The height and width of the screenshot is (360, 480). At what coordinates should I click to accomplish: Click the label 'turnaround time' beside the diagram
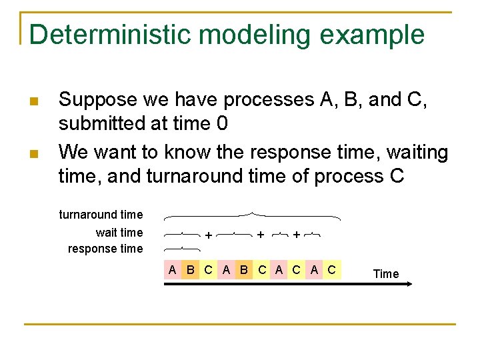tap(101, 215)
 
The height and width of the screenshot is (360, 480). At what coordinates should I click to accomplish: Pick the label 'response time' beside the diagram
tap(105, 249)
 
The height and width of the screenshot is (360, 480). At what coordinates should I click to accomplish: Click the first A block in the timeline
tap(173, 270)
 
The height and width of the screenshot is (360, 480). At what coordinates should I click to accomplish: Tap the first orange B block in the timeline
tap(191, 270)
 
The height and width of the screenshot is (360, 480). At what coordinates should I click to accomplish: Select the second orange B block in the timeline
tap(244, 270)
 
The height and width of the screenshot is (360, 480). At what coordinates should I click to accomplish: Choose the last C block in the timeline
tap(331, 270)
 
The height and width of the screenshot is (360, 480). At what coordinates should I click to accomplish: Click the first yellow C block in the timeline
tap(208, 270)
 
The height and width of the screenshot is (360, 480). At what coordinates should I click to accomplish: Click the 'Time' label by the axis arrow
tap(386, 274)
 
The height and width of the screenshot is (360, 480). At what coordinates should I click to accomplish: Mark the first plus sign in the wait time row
tap(209, 235)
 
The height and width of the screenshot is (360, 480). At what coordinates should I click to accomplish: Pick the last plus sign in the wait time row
tap(296, 235)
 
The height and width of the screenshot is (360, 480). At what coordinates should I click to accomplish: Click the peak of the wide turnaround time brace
tap(251, 213)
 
